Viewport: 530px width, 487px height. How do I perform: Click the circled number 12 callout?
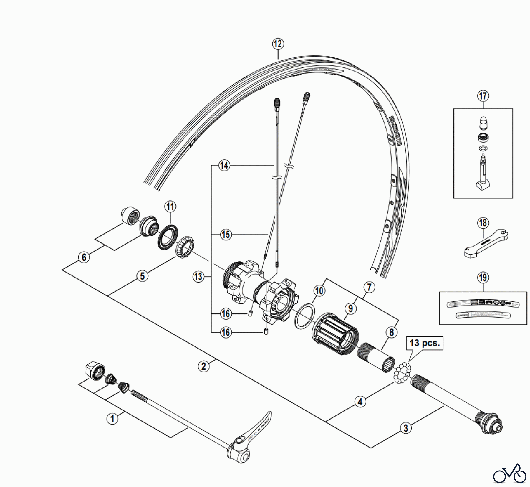[x=278, y=44]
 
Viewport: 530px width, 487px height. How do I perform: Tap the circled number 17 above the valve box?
[x=483, y=96]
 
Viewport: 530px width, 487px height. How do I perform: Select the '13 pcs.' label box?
[x=424, y=343]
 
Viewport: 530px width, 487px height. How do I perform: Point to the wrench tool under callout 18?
[x=486, y=243]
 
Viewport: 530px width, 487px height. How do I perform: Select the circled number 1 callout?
[x=112, y=418]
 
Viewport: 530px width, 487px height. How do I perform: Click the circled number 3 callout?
[x=406, y=428]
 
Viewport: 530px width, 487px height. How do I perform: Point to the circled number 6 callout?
[x=84, y=257]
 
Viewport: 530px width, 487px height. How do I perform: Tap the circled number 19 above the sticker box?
[x=483, y=278]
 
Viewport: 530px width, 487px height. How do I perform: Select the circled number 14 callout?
[x=224, y=165]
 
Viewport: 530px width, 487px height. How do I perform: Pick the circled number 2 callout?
[x=203, y=367]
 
